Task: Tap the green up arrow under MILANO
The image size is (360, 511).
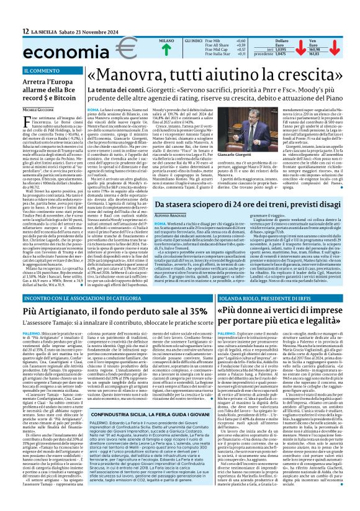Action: [149, 48]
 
